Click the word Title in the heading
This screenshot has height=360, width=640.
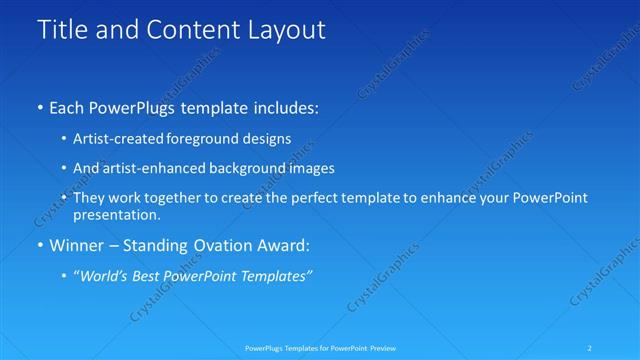point(61,31)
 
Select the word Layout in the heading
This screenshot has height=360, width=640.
point(285,31)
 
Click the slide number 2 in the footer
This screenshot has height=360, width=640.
point(591,347)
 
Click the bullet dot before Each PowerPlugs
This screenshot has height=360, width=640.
point(39,106)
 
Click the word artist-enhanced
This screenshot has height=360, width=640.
point(149,169)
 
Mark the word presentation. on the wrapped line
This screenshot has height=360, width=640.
point(116,215)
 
